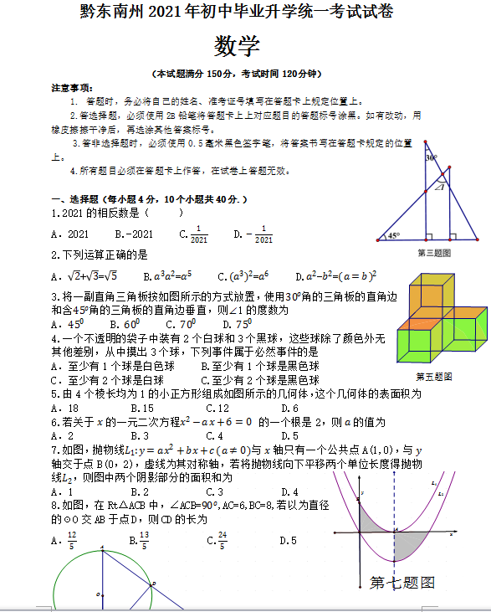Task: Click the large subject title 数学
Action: pos(237,44)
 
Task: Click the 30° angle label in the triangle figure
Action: pos(431,157)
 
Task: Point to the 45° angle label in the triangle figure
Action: pos(394,235)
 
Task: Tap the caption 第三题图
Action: pos(434,252)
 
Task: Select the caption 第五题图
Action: pos(434,376)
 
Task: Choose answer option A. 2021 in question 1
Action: pos(69,234)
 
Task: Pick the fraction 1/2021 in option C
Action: pos(198,234)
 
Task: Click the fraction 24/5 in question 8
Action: pos(222,541)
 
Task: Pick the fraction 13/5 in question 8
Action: pos(144,541)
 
